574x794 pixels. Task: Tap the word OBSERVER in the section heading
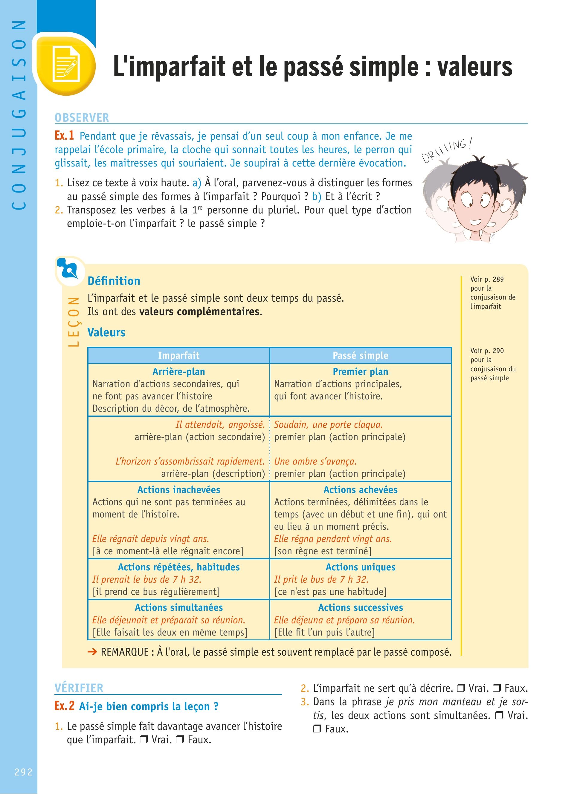82,117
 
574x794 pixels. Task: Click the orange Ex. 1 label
64,135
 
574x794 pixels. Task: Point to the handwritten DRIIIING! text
446,150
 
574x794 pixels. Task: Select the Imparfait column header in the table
178,355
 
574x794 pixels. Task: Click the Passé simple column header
360,355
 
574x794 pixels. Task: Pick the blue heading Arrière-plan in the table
178,372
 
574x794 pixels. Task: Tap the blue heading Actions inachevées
178,489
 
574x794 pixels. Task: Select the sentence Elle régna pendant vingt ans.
332,539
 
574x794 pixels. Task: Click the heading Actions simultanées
178,607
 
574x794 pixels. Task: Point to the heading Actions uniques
360,567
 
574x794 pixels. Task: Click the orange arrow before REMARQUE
92,652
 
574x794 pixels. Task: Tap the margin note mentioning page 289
492,293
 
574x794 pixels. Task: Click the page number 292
23,772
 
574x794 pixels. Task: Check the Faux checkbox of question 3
317,729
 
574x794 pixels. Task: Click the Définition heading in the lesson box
114,281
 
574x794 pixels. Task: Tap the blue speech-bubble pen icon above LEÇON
70,270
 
